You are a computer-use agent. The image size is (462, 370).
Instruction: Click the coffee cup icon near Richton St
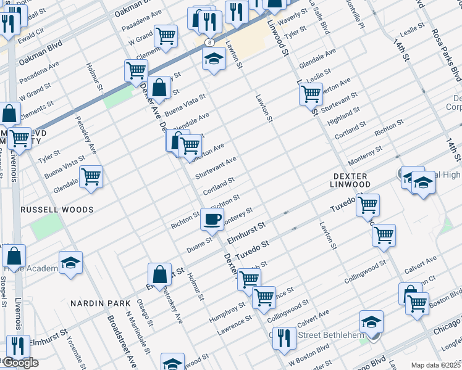tap(212, 219)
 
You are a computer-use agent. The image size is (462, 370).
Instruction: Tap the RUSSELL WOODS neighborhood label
tap(57, 210)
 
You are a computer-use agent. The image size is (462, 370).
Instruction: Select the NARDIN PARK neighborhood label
tap(100, 303)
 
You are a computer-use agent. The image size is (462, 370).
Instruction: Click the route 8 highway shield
tap(211, 42)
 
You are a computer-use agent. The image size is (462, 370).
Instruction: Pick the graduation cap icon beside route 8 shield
tap(214, 59)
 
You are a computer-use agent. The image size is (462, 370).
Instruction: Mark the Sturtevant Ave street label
tap(216, 168)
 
